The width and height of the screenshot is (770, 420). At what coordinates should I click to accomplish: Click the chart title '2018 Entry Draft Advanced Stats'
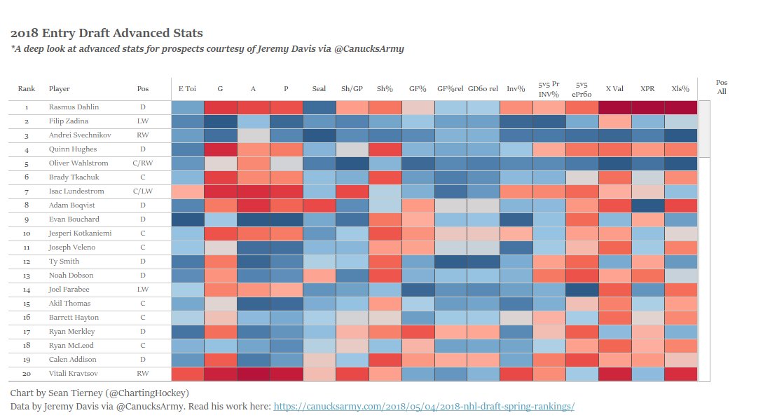pyautogui.click(x=106, y=34)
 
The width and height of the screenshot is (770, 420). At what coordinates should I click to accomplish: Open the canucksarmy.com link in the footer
pyautogui.click(x=423, y=407)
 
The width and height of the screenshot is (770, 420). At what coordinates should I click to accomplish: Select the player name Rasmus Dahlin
pyautogui.click(x=74, y=107)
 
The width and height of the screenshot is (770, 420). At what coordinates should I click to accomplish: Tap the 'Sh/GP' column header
pyautogui.click(x=352, y=90)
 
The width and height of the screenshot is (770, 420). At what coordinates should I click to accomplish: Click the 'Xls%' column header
pyautogui.click(x=680, y=90)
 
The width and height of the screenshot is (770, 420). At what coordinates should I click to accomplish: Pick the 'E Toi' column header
pyautogui.click(x=187, y=90)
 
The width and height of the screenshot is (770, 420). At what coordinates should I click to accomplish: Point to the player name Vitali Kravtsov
pyautogui.click(x=74, y=374)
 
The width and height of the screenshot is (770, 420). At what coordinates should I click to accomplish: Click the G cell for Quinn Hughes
pyautogui.click(x=220, y=149)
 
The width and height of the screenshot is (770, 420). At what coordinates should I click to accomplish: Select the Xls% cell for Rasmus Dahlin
pyautogui.click(x=680, y=107)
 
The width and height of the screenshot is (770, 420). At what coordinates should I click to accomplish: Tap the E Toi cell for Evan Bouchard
pyautogui.click(x=187, y=219)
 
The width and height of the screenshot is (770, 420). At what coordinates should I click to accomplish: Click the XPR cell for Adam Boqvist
pyautogui.click(x=647, y=205)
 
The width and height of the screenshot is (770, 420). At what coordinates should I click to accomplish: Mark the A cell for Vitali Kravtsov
pyautogui.click(x=253, y=374)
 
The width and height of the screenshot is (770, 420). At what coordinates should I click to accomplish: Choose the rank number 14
pyautogui.click(x=27, y=290)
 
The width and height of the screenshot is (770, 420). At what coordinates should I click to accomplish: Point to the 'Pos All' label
pyautogui.click(x=722, y=87)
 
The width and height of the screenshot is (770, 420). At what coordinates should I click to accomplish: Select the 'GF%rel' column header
pyautogui.click(x=450, y=90)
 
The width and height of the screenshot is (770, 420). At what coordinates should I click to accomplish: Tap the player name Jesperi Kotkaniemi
pyautogui.click(x=81, y=233)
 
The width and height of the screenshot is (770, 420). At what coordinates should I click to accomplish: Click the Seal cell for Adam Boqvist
pyautogui.click(x=319, y=205)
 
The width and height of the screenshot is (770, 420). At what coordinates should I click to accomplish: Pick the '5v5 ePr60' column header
pyautogui.click(x=582, y=89)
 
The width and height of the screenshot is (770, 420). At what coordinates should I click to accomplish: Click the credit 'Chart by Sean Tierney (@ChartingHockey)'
pyautogui.click(x=99, y=393)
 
